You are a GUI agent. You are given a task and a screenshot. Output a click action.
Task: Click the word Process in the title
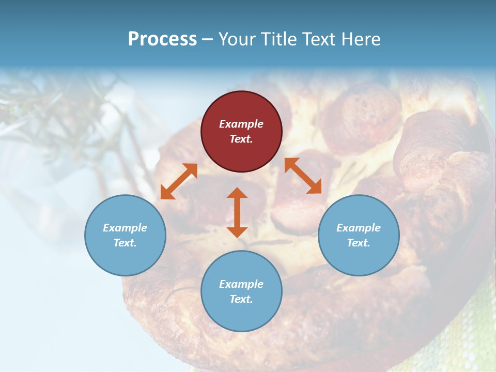[x=162, y=39]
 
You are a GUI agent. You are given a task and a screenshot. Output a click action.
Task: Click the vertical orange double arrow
[x=237, y=212]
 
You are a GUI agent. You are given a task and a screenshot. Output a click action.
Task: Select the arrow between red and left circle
[x=179, y=181]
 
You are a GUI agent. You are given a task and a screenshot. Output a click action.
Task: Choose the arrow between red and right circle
[x=303, y=176]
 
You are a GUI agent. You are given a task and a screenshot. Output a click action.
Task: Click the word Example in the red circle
[x=241, y=124]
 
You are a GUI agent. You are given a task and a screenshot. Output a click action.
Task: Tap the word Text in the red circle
[x=241, y=139]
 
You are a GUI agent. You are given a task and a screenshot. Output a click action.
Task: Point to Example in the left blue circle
[x=125, y=228]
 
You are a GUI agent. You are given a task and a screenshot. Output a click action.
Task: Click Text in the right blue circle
[x=359, y=243]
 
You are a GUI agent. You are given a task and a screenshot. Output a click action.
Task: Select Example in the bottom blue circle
[x=241, y=284]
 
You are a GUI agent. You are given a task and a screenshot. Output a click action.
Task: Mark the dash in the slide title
[x=208, y=39]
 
